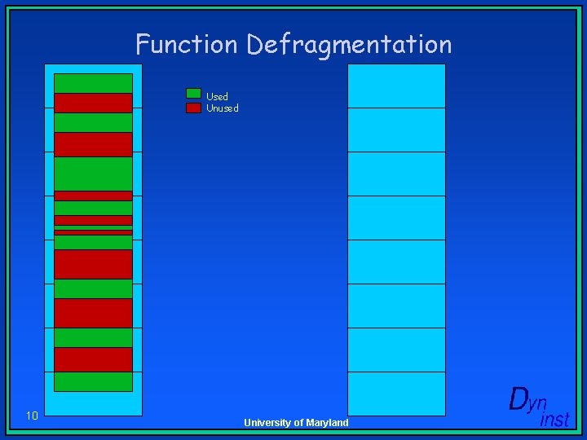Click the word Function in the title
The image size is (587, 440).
coord(188,44)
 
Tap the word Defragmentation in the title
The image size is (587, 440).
coord(349,45)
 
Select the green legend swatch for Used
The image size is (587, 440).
coord(193,94)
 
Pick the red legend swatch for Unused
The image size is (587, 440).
coord(193,108)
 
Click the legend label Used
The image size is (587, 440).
coord(217,96)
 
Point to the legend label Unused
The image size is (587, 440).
coord(223,108)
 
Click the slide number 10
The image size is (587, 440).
coord(32,416)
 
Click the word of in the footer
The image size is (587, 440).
coord(298,423)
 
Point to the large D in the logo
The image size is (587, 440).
coord(519,399)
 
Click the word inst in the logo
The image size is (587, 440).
coord(554,420)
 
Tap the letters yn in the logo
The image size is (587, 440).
coord(539,403)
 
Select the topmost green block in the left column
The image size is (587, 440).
coord(93,83)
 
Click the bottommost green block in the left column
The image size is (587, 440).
coord(93,381)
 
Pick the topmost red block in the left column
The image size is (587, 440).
coord(93,103)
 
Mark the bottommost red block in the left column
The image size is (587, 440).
coord(93,359)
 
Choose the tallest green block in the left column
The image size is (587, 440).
coord(93,173)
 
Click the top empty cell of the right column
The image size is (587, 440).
coord(396,86)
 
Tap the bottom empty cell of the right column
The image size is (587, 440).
coord(396,394)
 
